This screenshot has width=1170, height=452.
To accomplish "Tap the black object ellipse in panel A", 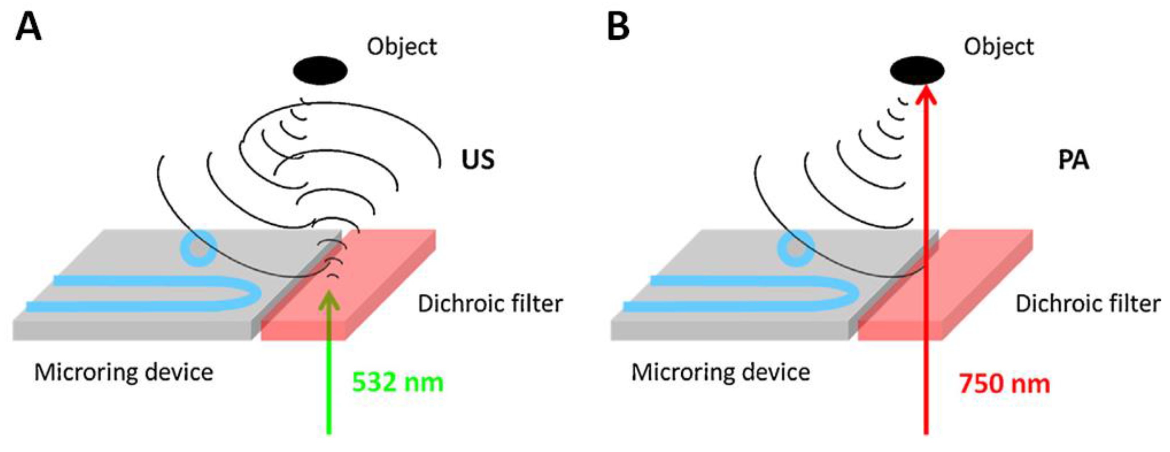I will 320,71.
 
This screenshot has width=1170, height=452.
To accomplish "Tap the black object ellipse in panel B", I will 917,71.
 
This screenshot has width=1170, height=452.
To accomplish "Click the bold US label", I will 478,160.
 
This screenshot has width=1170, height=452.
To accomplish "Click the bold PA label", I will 1074,160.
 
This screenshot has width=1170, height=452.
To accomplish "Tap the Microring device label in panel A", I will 124,373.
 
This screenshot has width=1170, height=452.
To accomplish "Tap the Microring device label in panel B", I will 720,373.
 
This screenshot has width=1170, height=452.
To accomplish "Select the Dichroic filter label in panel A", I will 490,304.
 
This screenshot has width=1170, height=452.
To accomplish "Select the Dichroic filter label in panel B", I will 1088,304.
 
